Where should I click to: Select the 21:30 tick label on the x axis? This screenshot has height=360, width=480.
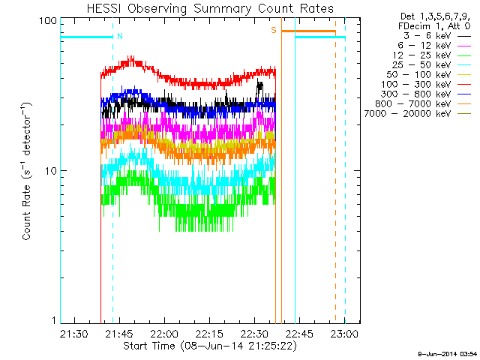pos(73,332)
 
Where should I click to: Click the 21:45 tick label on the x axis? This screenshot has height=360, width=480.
pos(119,332)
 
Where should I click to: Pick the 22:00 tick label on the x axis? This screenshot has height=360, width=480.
pos(164,332)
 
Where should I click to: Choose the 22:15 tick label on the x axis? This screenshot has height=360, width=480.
pos(209,332)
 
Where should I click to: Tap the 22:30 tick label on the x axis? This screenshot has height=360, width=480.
pos(255,332)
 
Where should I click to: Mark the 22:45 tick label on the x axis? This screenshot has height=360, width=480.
pos(300,332)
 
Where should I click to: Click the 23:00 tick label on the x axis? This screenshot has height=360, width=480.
pos(345,332)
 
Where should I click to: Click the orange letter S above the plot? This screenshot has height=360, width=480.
pos(274,30)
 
